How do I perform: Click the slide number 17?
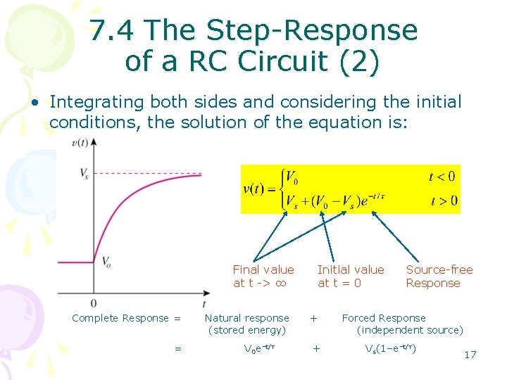click(x=470, y=354)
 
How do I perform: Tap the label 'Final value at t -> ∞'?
click(x=263, y=276)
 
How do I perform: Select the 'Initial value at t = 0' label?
click(x=351, y=276)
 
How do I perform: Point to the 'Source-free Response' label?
click(x=439, y=276)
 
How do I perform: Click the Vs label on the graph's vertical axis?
click(x=84, y=172)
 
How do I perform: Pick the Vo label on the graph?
click(x=106, y=262)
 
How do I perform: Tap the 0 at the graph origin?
click(x=94, y=303)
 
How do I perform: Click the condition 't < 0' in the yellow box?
click(x=442, y=177)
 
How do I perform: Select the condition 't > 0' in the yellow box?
click(x=443, y=201)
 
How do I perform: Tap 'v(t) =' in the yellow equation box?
click(x=258, y=189)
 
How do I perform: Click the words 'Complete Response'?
click(x=120, y=318)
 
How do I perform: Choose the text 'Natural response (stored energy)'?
click(x=246, y=324)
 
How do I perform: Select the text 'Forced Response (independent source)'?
click(x=400, y=324)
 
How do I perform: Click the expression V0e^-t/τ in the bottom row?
click(x=258, y=348)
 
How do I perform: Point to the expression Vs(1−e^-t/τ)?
click(x=389, y=348)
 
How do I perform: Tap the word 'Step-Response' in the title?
click(x=312, y=30)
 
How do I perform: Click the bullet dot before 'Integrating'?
click(x=34, y=103)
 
